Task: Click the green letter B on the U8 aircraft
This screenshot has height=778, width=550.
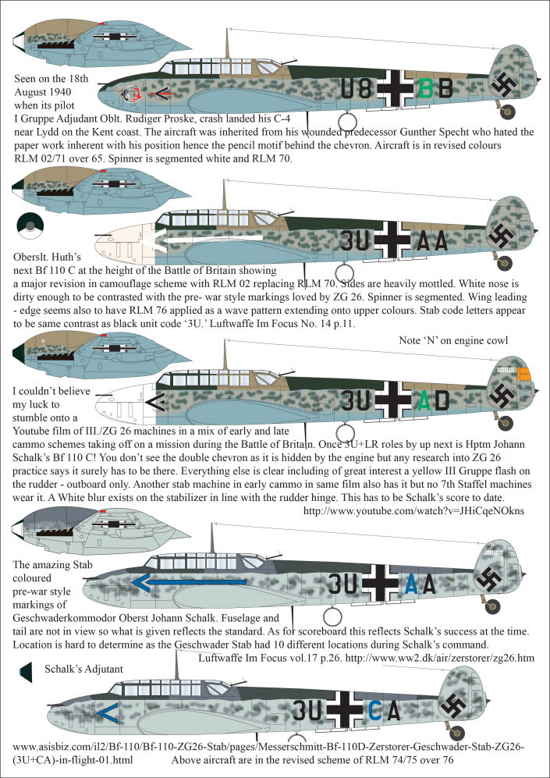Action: [x=425, y=90]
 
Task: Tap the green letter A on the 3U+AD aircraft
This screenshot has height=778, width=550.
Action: [x=424, y=400]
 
